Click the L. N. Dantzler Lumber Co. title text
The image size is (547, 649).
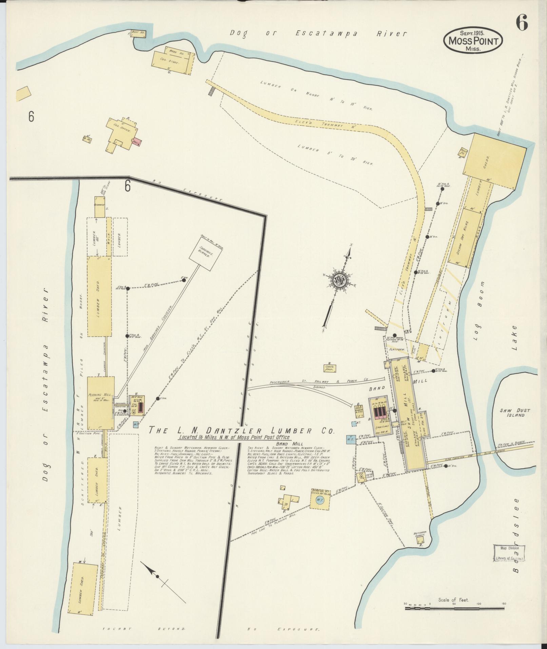click(x=242, y=431)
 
